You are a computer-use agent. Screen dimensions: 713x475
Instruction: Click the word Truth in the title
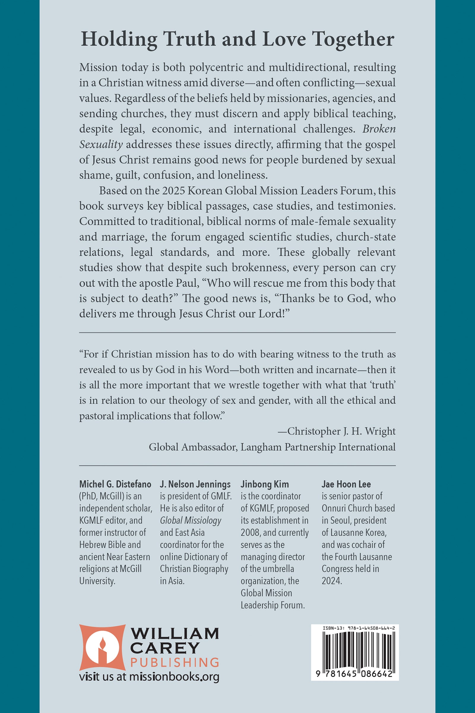189,40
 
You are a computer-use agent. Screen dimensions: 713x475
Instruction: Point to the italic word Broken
379,129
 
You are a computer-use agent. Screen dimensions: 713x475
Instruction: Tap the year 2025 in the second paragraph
173,191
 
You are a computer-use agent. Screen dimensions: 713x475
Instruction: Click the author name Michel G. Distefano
115,484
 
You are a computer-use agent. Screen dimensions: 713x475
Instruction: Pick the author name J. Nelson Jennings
195,484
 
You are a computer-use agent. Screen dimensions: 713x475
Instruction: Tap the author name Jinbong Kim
265,484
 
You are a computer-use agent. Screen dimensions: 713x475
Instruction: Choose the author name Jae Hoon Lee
346,484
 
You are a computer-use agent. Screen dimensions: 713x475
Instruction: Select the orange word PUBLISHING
175,662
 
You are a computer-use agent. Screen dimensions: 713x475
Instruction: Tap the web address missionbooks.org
174,677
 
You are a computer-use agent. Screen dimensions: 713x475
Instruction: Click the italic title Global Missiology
191,520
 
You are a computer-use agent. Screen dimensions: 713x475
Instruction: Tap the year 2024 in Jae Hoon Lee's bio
332,581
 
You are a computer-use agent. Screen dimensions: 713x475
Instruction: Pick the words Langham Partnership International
318,447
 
